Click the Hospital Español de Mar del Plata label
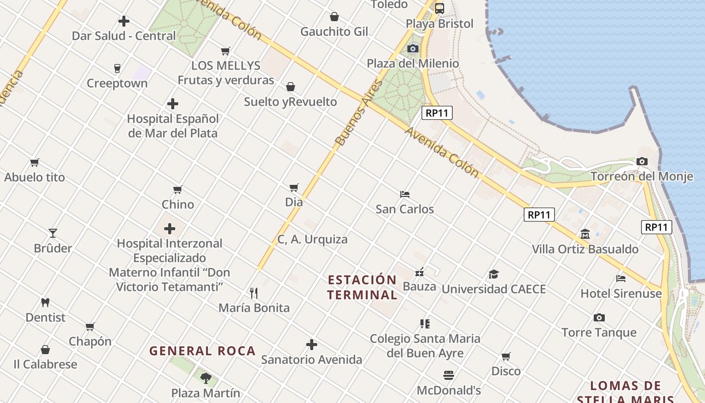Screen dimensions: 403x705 point(173,126)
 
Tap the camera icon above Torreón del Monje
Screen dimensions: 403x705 point(642,162)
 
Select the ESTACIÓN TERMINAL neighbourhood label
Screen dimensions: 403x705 point(362,287)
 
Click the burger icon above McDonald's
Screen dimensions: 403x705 point(449,375)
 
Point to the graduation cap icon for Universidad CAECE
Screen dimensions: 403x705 point(493,274)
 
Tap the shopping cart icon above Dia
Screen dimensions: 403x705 point(294,187)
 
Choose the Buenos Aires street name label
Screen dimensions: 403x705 point(360,114)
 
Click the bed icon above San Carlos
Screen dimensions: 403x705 point(405,194)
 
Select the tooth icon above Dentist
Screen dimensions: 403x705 point(45,303)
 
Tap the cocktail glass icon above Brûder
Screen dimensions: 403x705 point(53,233)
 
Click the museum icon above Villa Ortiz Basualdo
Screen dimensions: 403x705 point(585,234)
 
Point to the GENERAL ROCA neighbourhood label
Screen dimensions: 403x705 point(202,351)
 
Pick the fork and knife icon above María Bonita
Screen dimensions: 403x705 point(254,293)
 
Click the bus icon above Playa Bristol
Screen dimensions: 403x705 point(440,9)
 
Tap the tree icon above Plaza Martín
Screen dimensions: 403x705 point(205,378)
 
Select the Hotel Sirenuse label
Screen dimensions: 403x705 point(621,293)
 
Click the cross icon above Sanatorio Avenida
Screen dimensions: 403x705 point(312,345)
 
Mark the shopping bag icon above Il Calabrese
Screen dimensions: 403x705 point(45,350)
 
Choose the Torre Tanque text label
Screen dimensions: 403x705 point(599,332)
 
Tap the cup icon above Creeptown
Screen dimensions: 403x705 point(117,69)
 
